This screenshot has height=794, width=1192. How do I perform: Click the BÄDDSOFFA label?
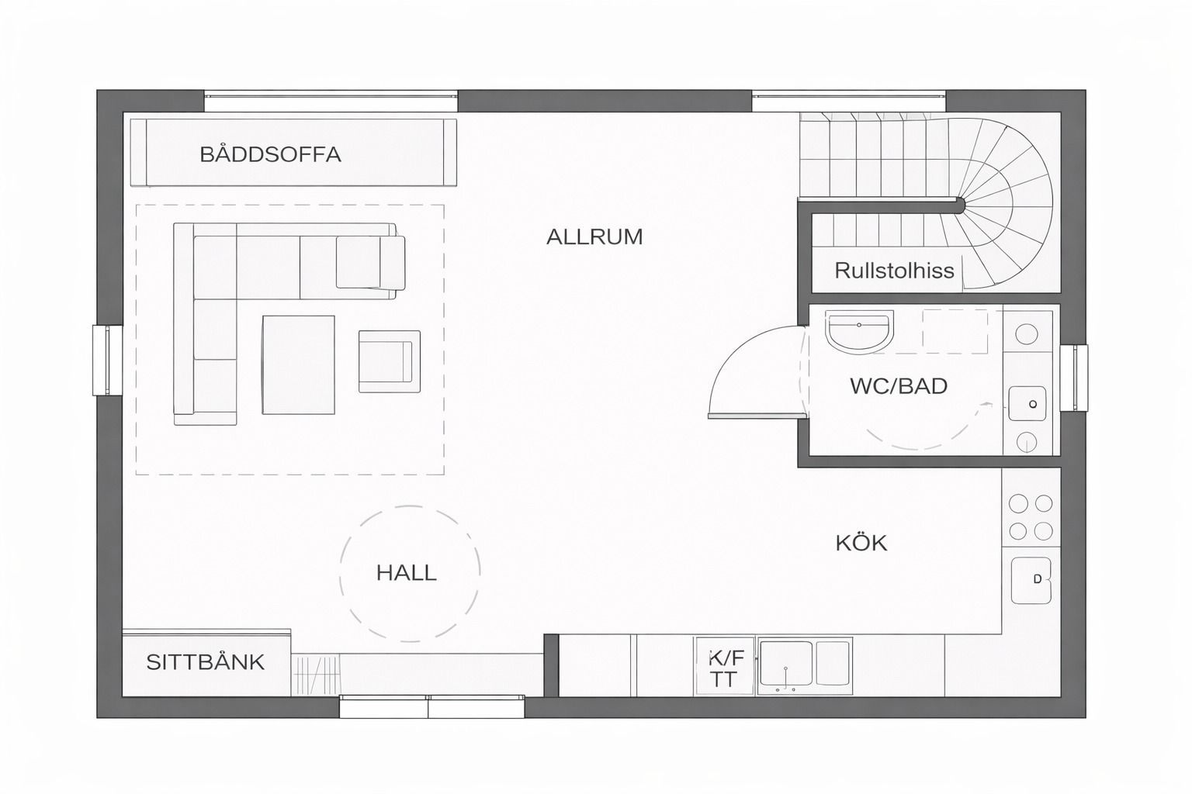point(270,154)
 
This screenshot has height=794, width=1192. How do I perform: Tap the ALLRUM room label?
point(594,236)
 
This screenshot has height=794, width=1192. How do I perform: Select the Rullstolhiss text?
point(894,271)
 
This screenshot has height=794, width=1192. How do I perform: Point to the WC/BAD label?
point(899,386)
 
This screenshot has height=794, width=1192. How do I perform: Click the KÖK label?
point(861,543)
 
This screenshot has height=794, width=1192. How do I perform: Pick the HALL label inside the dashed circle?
point(407,573)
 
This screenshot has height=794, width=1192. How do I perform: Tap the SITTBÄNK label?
point(206,662)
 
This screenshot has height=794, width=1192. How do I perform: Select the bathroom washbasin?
point(859,331)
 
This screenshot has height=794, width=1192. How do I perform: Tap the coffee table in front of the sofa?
point(299,365)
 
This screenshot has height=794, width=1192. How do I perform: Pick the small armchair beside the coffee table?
point(390,361)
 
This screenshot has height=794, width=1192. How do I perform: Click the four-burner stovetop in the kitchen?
point(1031,517)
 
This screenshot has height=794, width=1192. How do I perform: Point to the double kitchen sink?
point(805,666)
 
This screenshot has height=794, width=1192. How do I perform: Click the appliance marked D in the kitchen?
point(1031,580)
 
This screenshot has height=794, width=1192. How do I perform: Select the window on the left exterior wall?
point(108,361)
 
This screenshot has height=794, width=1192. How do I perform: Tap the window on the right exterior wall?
point(1074,378)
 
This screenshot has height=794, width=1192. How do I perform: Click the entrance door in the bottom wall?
point(432,706)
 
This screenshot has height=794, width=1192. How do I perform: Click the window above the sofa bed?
point(331,101)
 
